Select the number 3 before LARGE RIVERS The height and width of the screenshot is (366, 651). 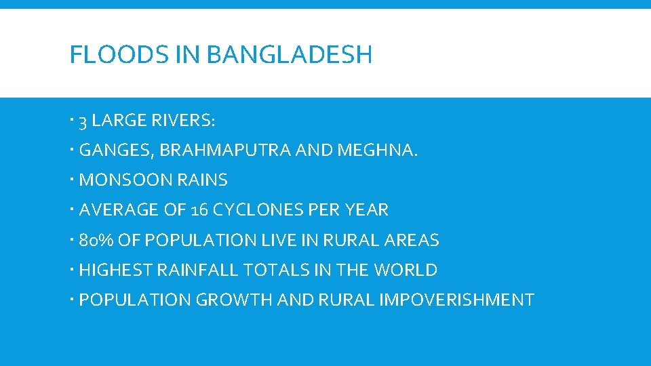pos(83,122)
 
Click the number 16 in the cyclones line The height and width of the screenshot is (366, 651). pos(200,210)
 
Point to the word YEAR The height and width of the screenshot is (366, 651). pos(367,210)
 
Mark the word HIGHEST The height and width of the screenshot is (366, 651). pos(116,270)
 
